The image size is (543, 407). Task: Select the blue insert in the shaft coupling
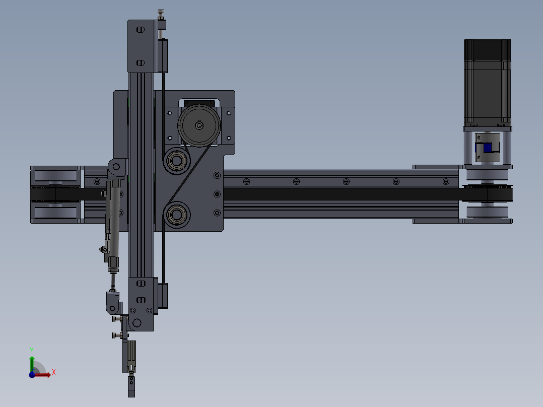click(487, 148)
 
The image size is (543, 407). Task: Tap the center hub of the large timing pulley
click(199, 125)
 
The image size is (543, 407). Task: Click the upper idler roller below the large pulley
click(176, 161)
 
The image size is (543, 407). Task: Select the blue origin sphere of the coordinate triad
click(32, 374)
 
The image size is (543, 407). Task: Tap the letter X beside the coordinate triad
click(53, 373)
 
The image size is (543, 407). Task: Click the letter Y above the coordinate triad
click(32, 350)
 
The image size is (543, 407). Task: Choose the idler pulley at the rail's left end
click(55, 194)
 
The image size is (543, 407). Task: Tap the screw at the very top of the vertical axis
click(161, 12)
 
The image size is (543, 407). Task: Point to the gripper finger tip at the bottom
click(131, 387)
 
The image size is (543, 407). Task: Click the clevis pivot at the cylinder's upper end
click(116, 166)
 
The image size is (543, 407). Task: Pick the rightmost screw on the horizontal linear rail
click(445, 181)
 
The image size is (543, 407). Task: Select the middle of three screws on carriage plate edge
click(217, 194)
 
